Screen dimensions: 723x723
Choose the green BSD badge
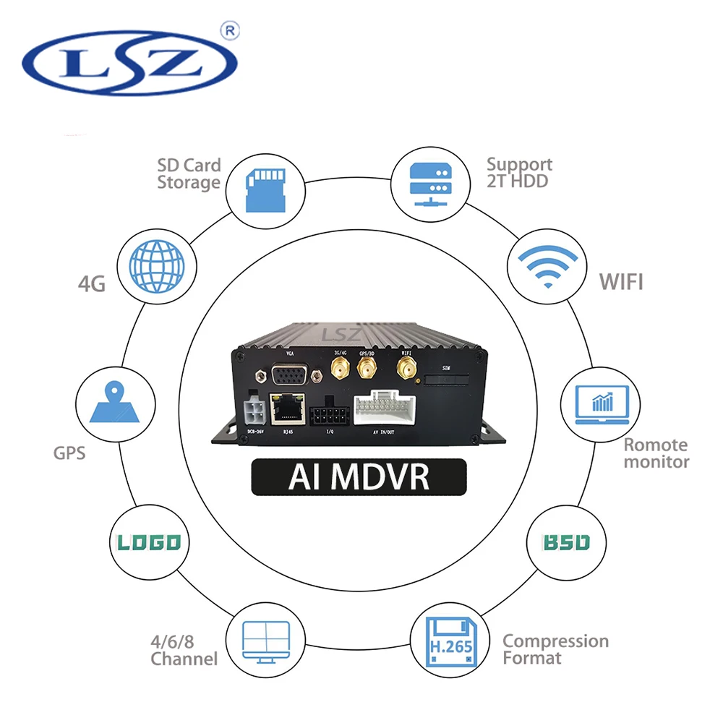pos(568,542)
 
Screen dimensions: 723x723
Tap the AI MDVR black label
pos(359,477)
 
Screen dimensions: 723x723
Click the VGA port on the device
pos(290,375)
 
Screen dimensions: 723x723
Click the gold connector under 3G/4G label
pos(338,371)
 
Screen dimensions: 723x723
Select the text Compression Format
pos(555,649)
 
